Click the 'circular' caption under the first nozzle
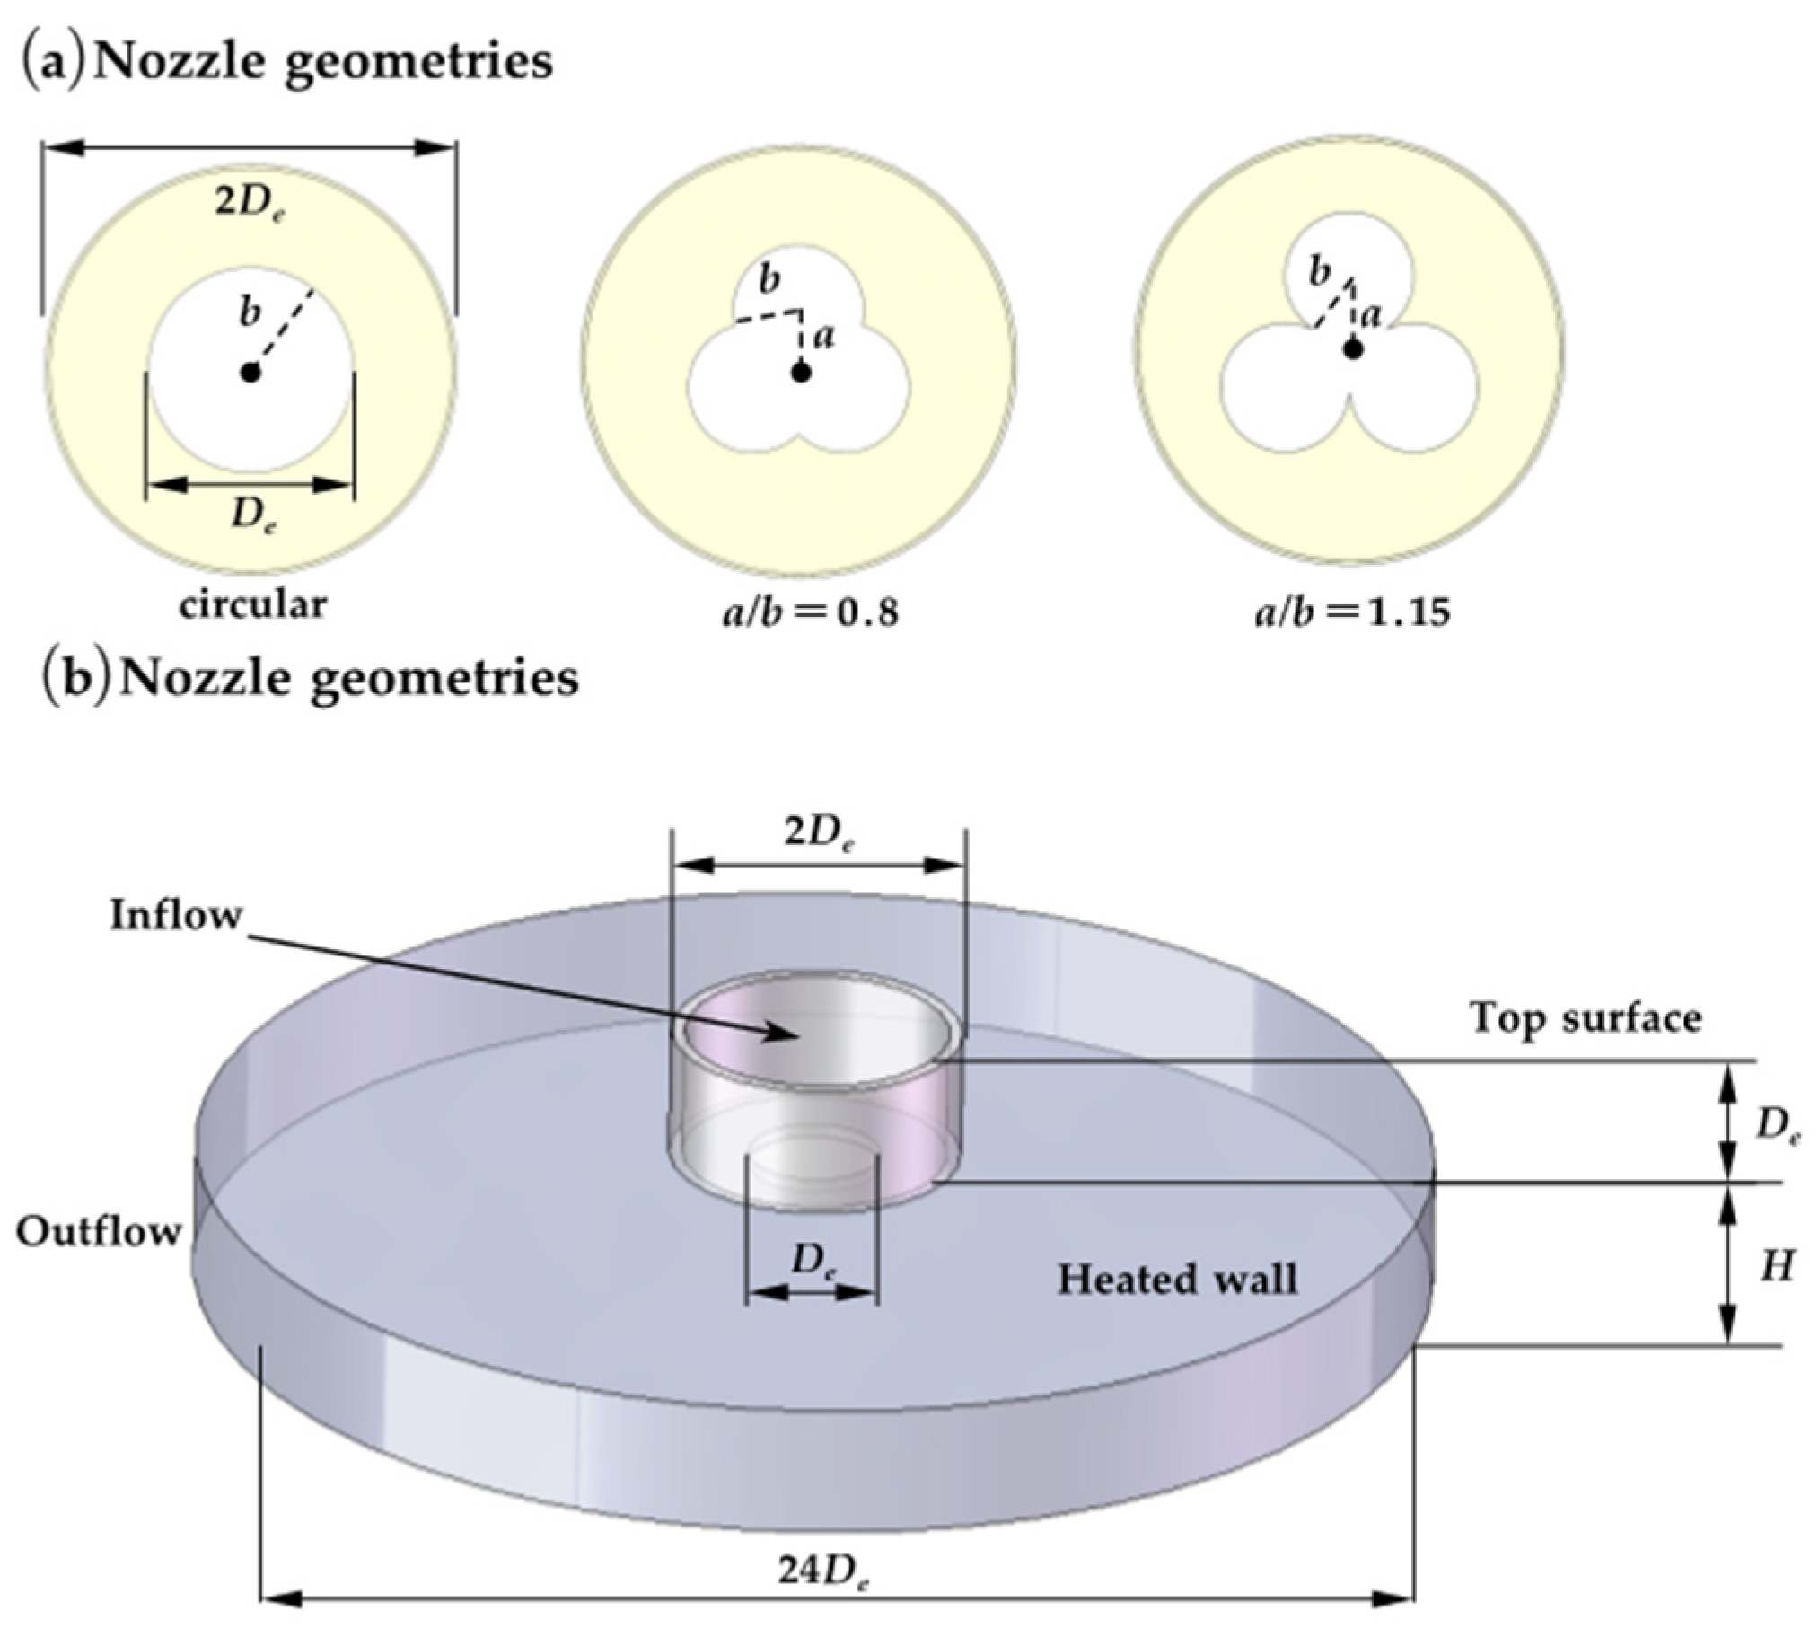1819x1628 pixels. pos(252,604)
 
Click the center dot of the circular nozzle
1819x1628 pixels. pos(250,372)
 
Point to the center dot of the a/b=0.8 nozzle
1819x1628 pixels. pos(801,371)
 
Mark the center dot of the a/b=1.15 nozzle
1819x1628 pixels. pos(1353,348)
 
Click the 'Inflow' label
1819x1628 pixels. pos(176,916)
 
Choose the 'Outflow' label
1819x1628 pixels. pos(99,1232)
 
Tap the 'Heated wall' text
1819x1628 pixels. pos(1177,1279)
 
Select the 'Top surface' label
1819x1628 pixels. pos(1586,1018)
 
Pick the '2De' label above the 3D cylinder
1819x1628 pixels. pos(819,834)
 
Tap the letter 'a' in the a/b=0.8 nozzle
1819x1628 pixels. pos(826,336)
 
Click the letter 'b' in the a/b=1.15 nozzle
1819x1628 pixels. pos(1318,272)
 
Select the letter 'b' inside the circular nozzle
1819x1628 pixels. pos(250,313)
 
